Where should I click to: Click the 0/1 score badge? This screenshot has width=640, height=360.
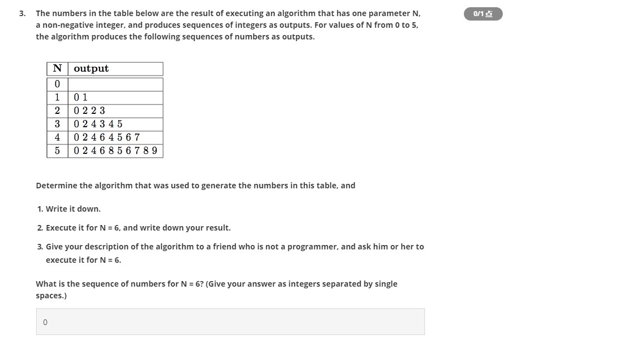pyautogui.click(x=483, y=14)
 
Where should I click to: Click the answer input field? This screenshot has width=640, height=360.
pyautogui.click(x=230, y=322)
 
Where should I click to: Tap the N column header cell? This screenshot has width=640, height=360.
pyautogui.click(x=57, y=69)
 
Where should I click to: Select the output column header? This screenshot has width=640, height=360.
pyautogui.click(x=115, y=69)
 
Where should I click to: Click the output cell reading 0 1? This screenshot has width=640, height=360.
pyautogui.click(x=115, y=98)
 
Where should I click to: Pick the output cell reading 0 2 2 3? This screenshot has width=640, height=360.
pyautogui.click(x=115, y=111)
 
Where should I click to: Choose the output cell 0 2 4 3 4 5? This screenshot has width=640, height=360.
pyautogui.click(x=115, y=124)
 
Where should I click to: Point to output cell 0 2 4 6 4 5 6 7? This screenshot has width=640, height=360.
pyautogui.click(x=115, y=138)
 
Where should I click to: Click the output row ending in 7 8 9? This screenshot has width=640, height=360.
pyautogui.click(x=115, y=151)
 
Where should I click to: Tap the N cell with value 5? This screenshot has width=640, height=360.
pyautogui.click(x=57, y=151)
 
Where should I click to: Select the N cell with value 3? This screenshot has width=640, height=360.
pyautogui.click(x=57, y=124)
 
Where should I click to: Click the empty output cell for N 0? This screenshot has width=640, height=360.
pyautogui.click(x=115, y=84)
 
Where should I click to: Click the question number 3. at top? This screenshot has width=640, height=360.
pyautogui.click(x=22, y=13)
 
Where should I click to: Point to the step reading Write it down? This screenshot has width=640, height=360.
pyautogui.click(x=73, y=209)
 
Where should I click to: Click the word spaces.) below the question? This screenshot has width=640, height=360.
pyautogui.click(x=51, y=296)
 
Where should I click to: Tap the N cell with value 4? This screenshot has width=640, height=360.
pyautogui.click(x=57, y=138)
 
